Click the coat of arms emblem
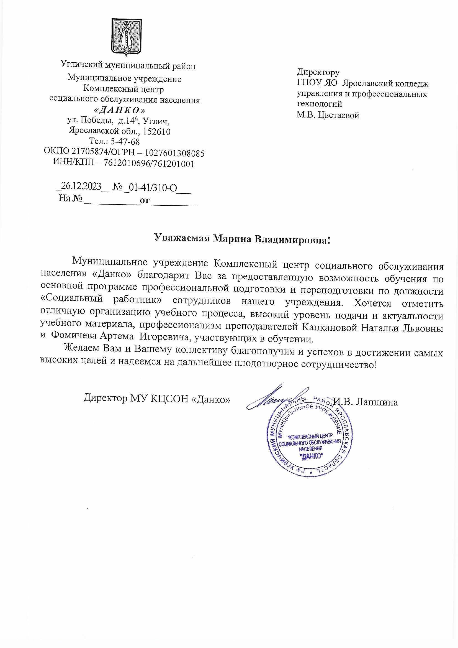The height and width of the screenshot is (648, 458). (x=126, y=36)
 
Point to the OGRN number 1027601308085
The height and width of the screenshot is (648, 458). (x=174, y=153)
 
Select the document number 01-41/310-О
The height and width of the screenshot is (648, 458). (x=152, y=187)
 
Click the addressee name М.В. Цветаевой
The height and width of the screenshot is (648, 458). (x=328, y=115)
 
